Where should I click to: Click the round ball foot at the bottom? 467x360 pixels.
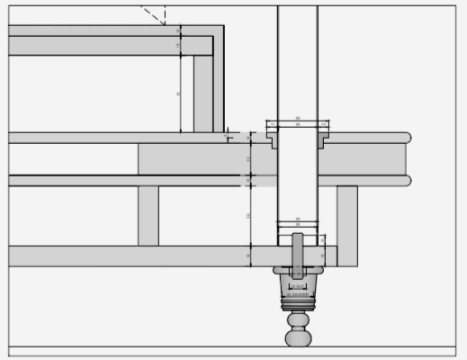coord(298,338)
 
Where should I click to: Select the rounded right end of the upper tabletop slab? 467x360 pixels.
coord(407,138)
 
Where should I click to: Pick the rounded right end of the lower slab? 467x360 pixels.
coord(407,181)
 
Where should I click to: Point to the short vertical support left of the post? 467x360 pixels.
coord(148,215)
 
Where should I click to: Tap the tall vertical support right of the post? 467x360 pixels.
coord(347,225)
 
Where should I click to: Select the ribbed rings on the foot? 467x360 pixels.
coord(298,303)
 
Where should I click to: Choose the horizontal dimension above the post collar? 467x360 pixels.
coord(298,120)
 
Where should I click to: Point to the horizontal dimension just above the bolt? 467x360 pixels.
coord(298,221)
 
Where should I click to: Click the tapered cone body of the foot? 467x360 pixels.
coord(298,287)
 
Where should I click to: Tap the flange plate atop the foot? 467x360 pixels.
coord(298,270)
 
